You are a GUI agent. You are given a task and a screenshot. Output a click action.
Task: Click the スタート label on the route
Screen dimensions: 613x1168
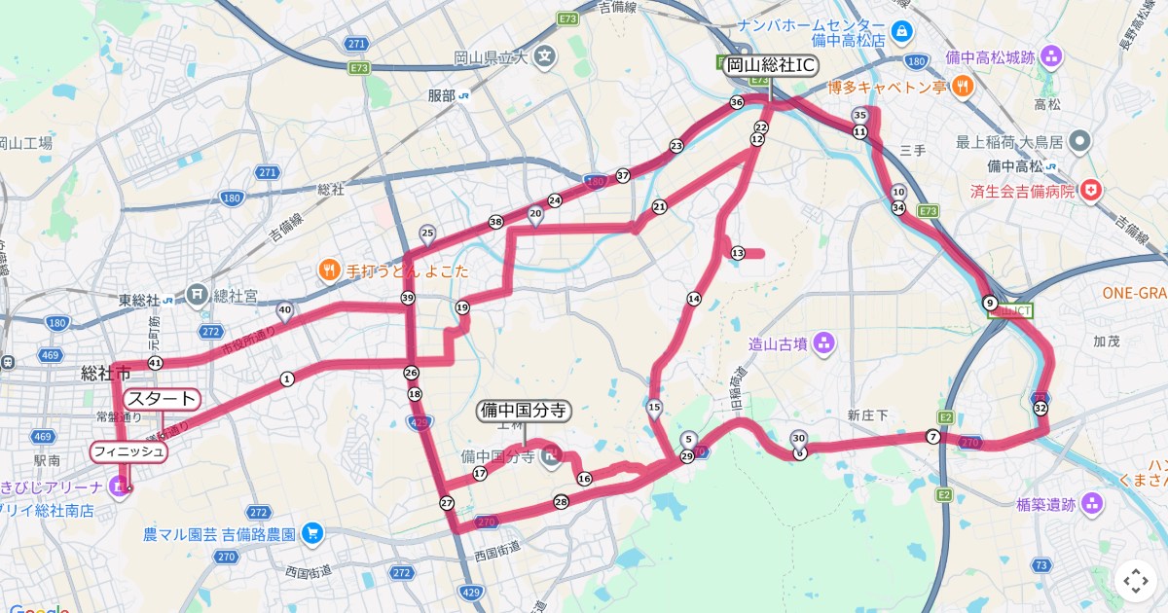pos(162,399)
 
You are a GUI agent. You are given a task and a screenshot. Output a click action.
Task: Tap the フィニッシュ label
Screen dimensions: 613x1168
pos(128,451)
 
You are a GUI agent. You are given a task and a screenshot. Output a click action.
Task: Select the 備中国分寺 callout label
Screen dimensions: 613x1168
pos(524,411)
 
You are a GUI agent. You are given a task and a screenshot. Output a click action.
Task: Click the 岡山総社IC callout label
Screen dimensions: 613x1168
pos(769,65)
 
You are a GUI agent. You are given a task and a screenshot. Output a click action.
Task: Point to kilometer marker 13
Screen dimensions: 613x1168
pos(737,253)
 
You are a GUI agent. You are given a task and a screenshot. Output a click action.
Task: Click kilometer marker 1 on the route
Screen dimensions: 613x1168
pos(287,379)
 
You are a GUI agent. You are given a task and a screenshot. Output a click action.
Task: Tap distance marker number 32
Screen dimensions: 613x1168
pos(1040,408)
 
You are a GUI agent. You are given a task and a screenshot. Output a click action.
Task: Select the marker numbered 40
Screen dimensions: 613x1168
pos(284,311)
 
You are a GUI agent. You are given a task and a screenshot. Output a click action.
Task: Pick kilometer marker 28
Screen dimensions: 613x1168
pos(561,502)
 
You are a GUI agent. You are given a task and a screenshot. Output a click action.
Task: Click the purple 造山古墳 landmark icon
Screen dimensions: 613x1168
pos(824,343)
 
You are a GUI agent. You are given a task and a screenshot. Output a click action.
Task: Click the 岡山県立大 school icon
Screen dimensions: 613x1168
pos(543,57)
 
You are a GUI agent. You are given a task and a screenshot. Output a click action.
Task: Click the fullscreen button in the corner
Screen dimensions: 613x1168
pos(1136,581)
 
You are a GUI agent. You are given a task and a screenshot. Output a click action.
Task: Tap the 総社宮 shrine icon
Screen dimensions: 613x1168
pos(198,292)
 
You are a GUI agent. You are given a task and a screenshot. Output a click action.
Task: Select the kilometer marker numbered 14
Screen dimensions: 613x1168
pos(694,299)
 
